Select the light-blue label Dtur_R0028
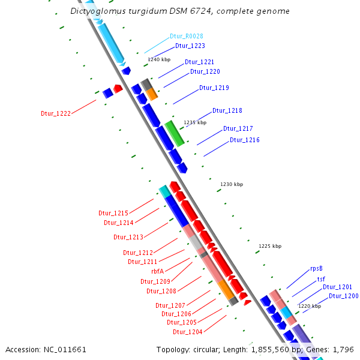187,37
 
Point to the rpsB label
317,269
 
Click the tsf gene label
321,279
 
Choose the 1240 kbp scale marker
159,59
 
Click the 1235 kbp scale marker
194,122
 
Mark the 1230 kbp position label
232,184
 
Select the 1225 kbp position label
270,246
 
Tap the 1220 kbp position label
310,306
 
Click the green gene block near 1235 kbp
175,133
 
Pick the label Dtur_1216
245,140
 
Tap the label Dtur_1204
188,332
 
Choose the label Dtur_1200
343,296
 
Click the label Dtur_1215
113,214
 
